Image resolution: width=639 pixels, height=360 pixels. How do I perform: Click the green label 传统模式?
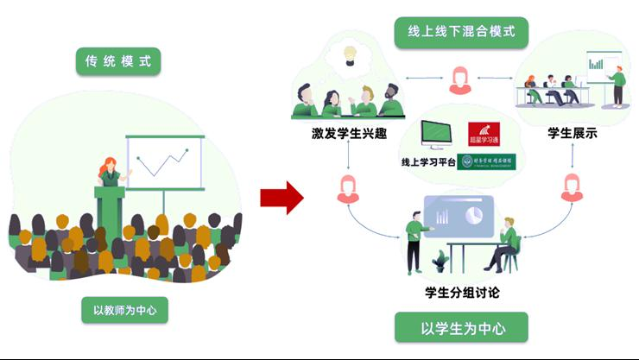click(118, 61)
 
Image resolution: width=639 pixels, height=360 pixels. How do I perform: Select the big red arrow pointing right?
click(282, 198)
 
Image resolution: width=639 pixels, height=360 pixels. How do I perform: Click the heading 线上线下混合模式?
click(461, 33)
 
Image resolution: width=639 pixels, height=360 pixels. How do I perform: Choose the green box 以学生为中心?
click(462, 328)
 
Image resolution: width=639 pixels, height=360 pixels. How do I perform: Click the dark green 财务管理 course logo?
click(486, 161)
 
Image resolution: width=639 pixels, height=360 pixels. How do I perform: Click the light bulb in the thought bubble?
click(351, 54)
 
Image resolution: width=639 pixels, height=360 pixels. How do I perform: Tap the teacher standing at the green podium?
click(110, 173)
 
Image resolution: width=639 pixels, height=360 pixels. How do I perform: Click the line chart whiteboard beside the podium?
click(164, 161)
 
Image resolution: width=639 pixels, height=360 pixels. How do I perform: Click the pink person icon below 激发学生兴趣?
click(348, 188)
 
